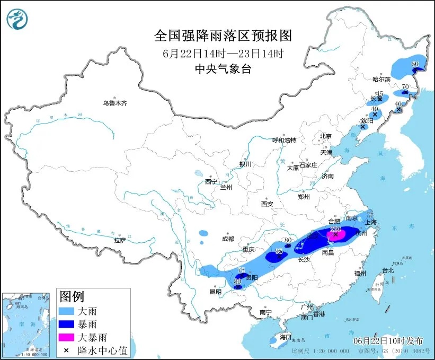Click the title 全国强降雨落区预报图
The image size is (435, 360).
pos(223,36)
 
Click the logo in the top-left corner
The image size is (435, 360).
pos(17,19)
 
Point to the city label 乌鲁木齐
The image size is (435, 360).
pos(114,103)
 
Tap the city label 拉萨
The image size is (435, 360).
pos(120,240)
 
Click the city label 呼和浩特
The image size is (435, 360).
pos(284,140)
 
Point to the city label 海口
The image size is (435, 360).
pos(286,337)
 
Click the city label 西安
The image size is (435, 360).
pos(267,204)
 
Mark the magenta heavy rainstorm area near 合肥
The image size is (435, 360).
pos(335,234)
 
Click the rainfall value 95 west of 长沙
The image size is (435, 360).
pos(279,251)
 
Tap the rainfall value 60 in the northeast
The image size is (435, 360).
pos(415,64)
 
